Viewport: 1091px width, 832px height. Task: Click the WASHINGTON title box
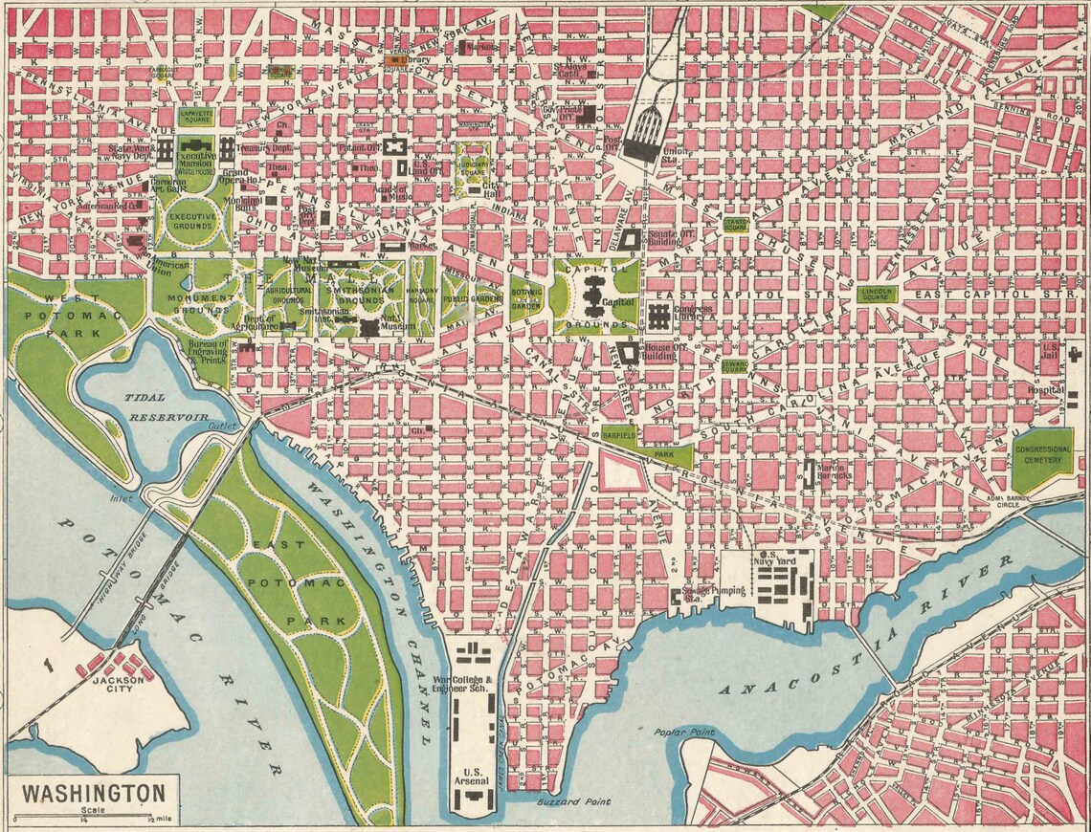92,794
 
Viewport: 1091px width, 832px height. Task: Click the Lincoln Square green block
876,294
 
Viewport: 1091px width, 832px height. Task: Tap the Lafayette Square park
194,118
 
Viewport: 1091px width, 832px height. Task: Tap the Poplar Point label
684,733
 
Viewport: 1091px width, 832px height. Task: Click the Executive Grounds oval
192,222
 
